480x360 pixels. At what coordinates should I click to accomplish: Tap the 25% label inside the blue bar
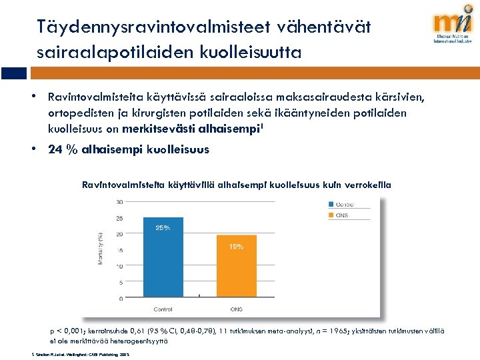163,228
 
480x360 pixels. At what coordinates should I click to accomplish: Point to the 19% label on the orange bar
236,247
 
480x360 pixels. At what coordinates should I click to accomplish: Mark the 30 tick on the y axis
119,202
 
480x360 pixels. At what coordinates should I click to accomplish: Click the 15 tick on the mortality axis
119,251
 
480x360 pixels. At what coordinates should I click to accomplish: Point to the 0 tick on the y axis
121,299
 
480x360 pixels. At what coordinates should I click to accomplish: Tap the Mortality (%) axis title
101,248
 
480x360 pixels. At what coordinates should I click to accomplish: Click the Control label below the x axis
163,309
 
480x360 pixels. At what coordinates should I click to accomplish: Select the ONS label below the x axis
236,309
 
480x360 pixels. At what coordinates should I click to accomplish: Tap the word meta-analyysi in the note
278,331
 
